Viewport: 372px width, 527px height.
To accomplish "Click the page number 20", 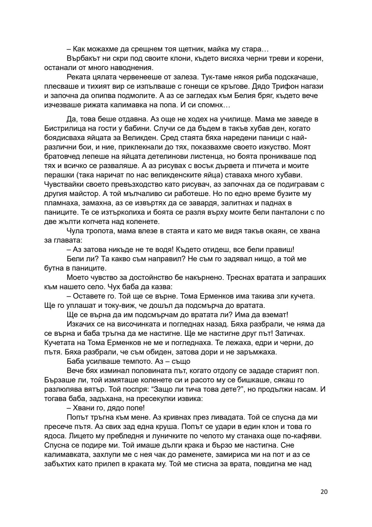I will point(324,492).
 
